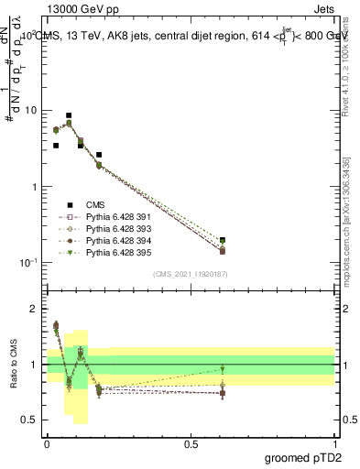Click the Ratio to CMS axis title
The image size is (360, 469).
(x=13, y=366)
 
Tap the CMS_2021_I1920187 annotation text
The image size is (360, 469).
(x=190, y=273)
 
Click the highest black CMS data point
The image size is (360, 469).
(x=69, y=116)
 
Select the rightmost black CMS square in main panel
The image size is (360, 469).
(x=223, y=240)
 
